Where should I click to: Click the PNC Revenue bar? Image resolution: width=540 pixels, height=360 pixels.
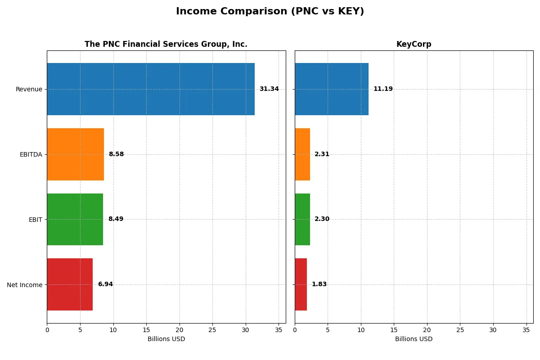point(151,89)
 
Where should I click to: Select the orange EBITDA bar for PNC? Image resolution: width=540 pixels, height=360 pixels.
point(75,154)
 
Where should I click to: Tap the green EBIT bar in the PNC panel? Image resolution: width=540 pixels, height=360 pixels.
point(75,219)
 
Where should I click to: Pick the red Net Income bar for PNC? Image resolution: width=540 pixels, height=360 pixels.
point(70,284)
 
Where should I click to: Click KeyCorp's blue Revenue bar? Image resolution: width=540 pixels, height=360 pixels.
point(332,89)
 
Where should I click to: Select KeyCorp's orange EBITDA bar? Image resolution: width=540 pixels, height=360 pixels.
point(302,154)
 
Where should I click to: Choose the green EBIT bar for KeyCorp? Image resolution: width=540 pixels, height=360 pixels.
point(302,219)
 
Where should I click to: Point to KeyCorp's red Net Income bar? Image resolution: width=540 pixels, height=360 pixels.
point(301,284)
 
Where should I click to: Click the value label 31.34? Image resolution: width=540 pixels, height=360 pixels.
point(269,89)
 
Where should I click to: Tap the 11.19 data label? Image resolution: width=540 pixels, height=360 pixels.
point(383,89)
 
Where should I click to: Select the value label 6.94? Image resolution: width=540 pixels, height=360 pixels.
point(105,284)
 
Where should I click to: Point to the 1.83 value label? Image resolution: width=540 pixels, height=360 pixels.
point(319,284)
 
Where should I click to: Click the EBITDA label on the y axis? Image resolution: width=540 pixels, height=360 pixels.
point(31,154)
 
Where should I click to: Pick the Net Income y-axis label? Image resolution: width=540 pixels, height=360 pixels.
point(25,285)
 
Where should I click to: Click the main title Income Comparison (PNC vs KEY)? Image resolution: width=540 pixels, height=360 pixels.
point(270,12)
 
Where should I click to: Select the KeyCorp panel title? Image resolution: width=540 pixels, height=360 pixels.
point(414,45)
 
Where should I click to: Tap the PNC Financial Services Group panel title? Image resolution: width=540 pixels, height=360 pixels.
point(166,45)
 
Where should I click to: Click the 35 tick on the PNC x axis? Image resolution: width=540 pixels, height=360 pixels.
point(279,330)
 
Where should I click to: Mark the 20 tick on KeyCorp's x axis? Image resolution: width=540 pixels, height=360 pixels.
point(427,330)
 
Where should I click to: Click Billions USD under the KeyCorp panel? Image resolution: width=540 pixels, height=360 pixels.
point(414,339)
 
